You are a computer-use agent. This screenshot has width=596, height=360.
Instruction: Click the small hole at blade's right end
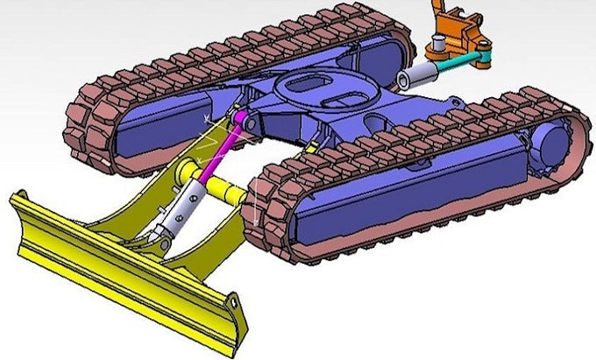235,302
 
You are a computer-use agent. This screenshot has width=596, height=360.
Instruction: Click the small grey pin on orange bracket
433,41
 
